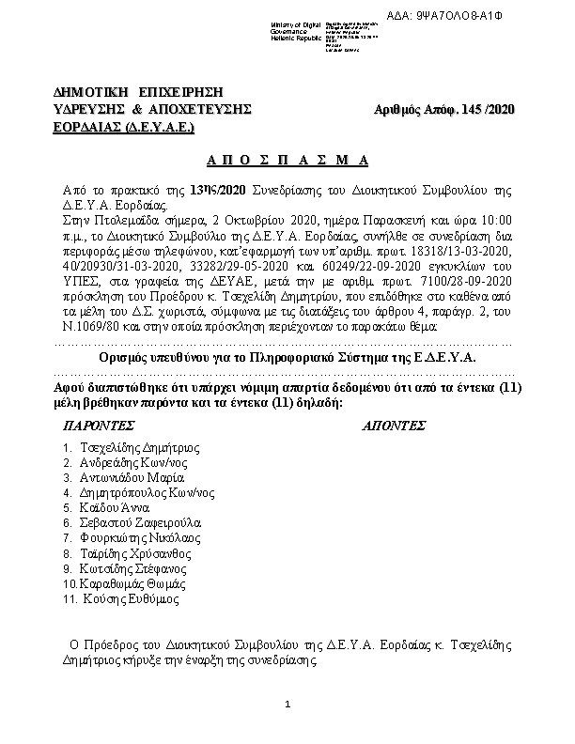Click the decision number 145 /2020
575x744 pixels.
[485, 110]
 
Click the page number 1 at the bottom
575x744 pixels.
[288, 705]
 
